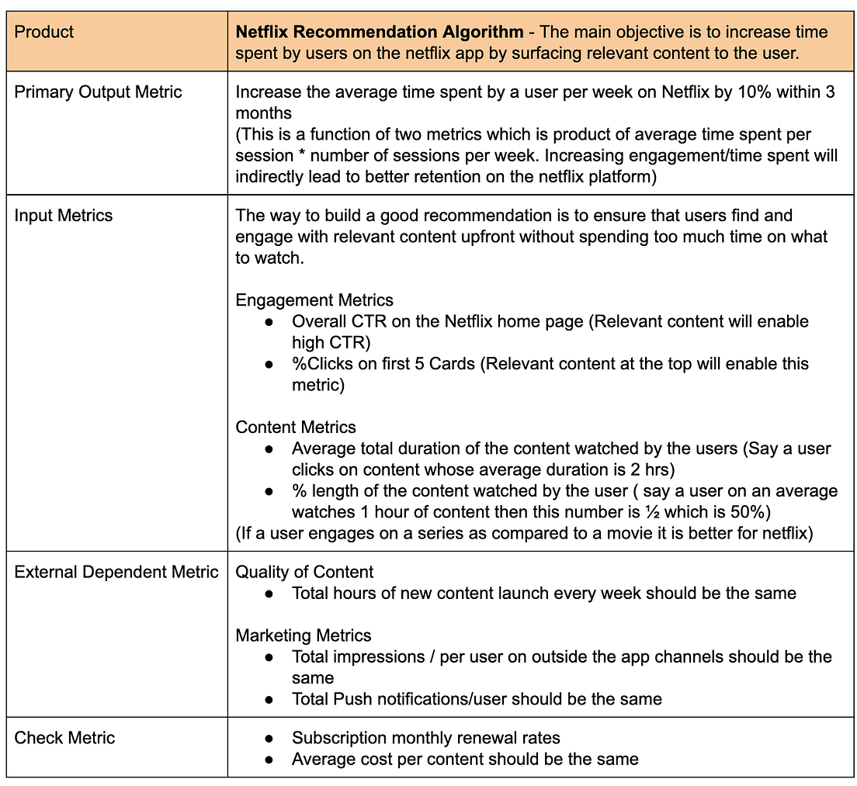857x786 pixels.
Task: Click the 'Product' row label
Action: pos(44,32)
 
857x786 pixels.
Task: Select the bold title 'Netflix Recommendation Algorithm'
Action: pos(379,32)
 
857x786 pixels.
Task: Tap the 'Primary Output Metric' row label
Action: pos(98,92)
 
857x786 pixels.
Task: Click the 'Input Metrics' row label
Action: pos(63,216)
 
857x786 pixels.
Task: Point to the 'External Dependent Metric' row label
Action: pos(116,573)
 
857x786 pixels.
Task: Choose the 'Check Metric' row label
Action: pos(64,738)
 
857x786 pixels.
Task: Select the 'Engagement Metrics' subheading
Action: pos(314,300)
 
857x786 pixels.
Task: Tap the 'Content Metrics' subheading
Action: pos(296,428)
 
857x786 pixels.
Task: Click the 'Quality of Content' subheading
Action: pos(304,573)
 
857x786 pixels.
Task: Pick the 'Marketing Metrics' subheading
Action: pos(304,636)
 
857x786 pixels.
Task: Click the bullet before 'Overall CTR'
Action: pos(269,322)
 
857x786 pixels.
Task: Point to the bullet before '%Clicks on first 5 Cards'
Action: pos(269,365)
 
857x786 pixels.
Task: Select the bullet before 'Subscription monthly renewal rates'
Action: pos(269,739)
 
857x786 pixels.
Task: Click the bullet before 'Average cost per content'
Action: pos(269,760)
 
